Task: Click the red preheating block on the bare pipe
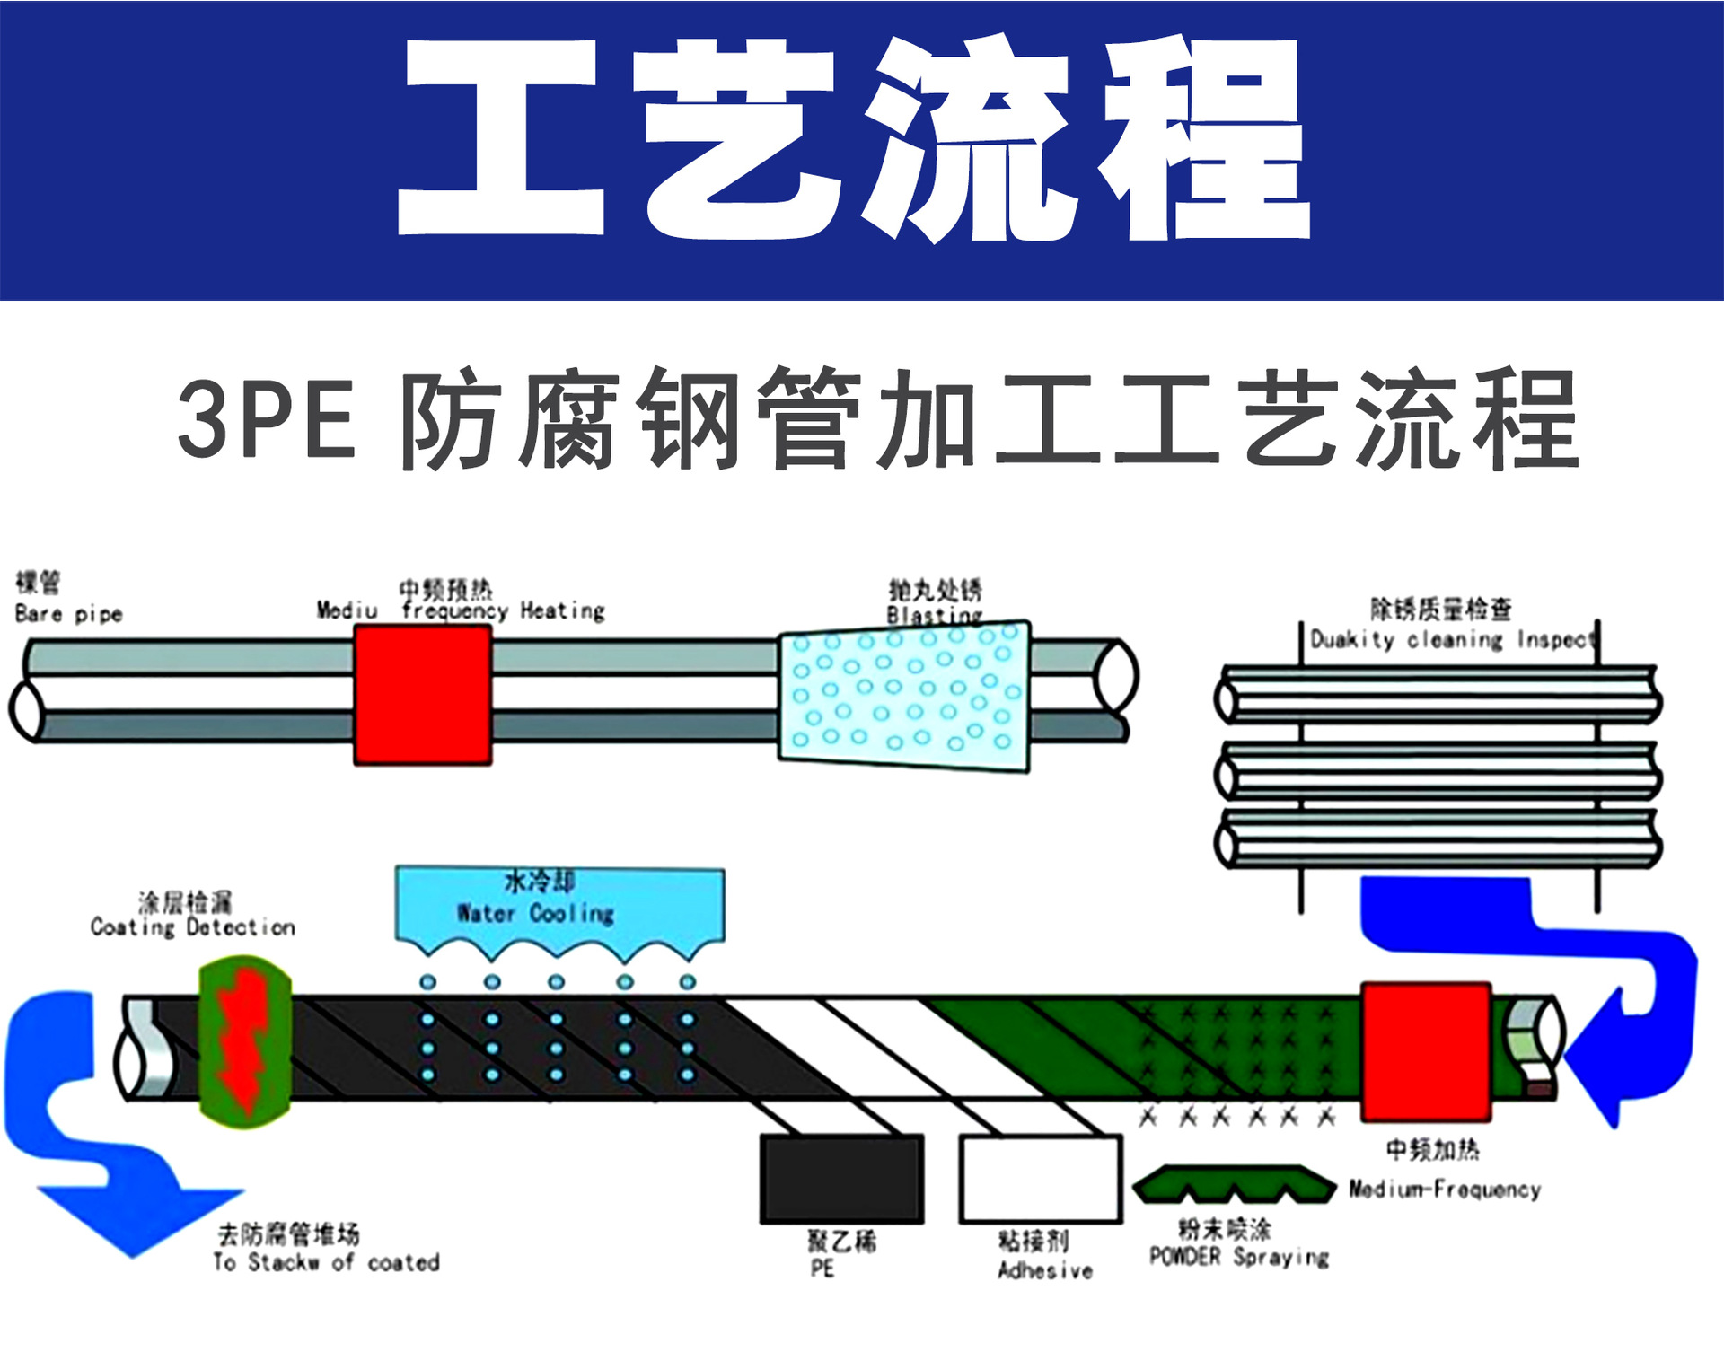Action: (422, 695)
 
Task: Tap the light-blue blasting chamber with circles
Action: (903, 696)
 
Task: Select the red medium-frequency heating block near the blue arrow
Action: (1426, 1051)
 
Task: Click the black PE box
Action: (841, 1179)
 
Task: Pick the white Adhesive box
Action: (1041, 1179)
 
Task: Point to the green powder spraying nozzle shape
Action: (1234, 1185)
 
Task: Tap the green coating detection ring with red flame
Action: (244, 1041)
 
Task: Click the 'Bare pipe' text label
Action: (68, 614)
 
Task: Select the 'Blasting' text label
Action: (934, 615)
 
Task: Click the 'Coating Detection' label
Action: (192, 926)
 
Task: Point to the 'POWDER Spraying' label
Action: (1238, 1257)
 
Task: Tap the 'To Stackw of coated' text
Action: (326, 1262)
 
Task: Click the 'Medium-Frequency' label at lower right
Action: (1445, 1190)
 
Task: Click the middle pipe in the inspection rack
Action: (1437, 772)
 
